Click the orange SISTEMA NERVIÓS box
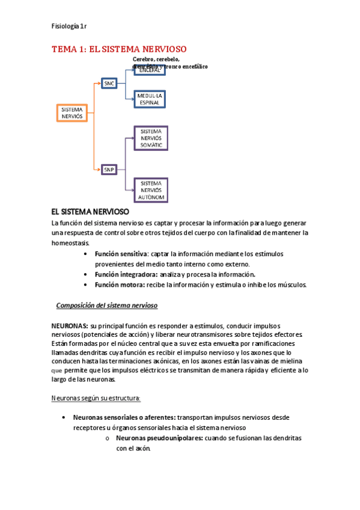(x=72, y=113)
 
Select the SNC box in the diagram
(x=109, y=84)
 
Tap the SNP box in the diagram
(x=109, y=170)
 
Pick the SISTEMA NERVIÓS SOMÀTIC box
(x=151, y=138)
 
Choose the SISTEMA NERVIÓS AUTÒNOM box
(x=151, y=190)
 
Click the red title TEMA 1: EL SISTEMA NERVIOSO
(x=119, y=49)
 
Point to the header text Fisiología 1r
(x=69, y=26)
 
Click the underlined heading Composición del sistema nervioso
(x=106, y=306)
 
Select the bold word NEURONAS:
(x=70, y=325)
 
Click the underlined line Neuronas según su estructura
(x=96, y=398)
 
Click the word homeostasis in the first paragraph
(x=70, y=243)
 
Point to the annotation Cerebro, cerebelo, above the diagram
(x=156, y=60)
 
